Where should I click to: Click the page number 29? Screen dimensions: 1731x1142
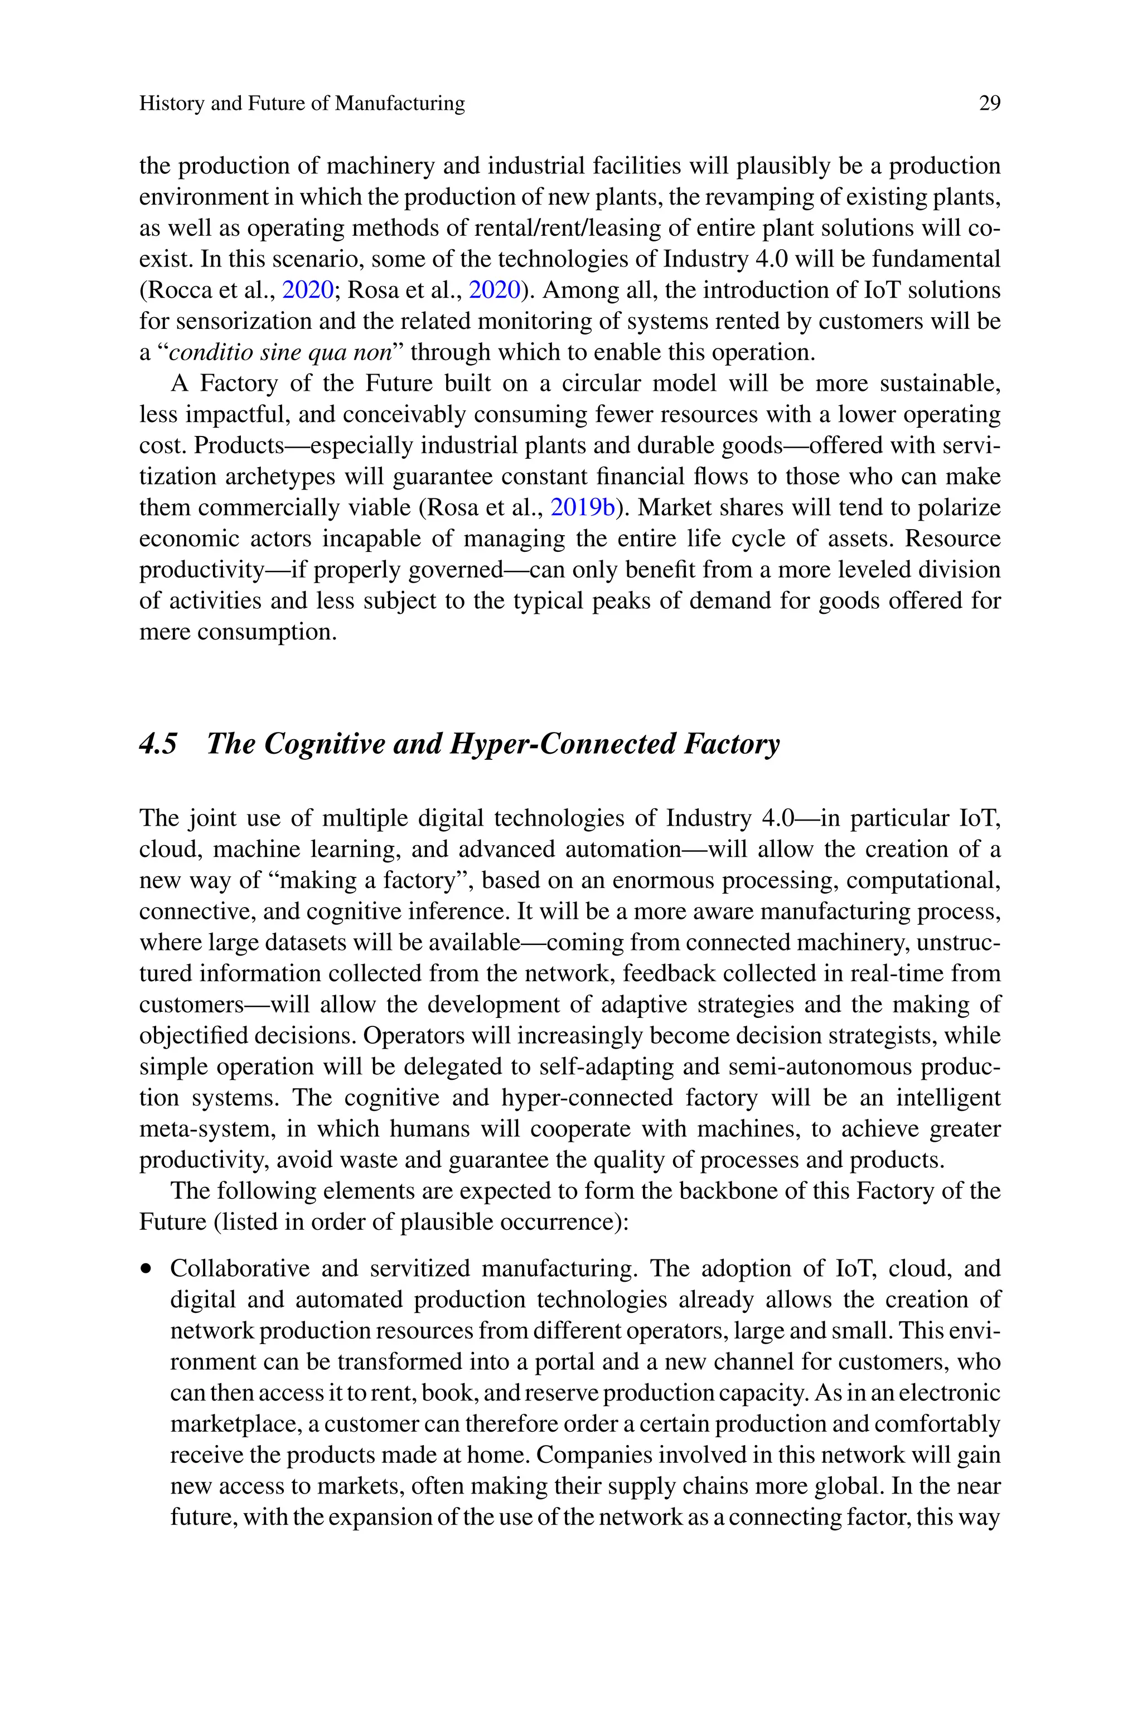coord(989,103)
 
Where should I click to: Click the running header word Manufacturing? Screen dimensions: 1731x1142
coord(399,103)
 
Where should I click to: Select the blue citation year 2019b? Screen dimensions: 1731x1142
coord(583,507)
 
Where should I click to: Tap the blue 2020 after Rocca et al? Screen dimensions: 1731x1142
coord(307,290)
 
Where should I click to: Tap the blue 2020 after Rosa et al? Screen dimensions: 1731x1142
coord(495,290)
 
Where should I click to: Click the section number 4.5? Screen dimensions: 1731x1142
coord(158,744)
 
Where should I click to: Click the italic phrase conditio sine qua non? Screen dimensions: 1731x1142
coord(280,352)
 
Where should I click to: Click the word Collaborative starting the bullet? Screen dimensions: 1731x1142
coord(239,1268)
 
